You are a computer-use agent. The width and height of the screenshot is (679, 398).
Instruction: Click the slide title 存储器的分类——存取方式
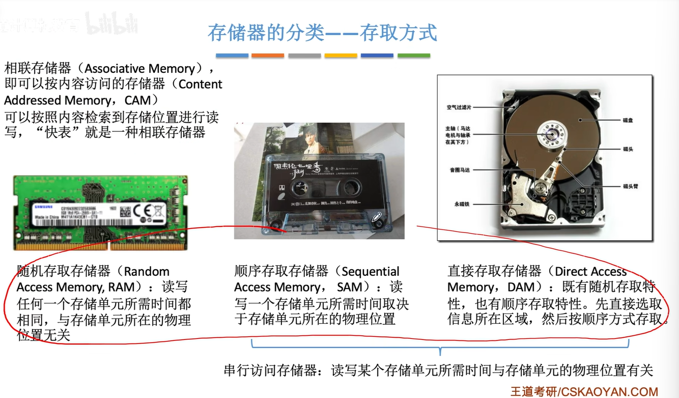322,33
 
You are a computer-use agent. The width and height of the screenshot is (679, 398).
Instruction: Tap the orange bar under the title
268,55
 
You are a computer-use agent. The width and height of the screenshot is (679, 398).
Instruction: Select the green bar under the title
413,55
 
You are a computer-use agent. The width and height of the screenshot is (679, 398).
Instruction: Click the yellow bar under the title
341,55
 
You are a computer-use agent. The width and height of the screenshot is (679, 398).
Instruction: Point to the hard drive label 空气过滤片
459,107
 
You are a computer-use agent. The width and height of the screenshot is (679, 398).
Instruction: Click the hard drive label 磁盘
628,120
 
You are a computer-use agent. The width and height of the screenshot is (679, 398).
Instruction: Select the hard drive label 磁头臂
630,186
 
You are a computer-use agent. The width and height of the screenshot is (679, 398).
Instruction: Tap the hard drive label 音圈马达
459,170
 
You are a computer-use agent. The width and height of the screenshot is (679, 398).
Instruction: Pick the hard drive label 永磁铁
462,204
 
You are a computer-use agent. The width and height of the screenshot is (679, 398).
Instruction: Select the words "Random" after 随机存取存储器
147,271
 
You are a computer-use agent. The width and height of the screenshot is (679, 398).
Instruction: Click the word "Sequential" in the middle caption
371,271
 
